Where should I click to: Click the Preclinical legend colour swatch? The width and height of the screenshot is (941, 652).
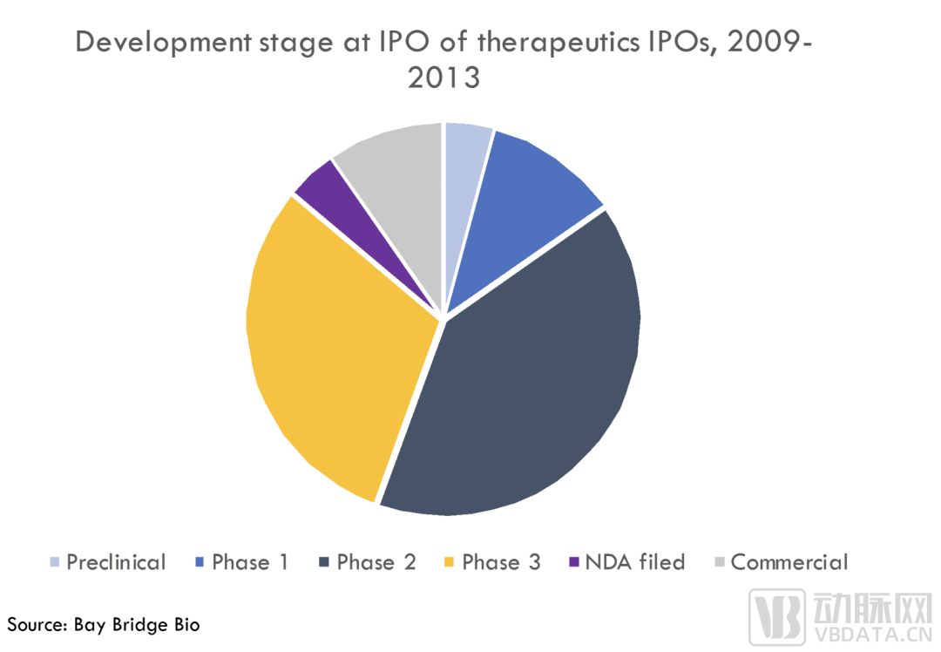click(55, 562)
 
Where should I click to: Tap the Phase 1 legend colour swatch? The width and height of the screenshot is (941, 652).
click(200, 562)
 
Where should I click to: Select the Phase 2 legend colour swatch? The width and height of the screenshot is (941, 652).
click(324, 562)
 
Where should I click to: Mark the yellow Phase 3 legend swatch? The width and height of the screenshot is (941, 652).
click(449, 562)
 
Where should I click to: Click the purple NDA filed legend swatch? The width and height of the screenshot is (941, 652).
click(573, 562)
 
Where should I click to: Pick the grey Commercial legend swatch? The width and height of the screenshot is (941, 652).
click(720, 562)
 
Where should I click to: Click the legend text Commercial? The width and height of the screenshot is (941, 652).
click(789, 562)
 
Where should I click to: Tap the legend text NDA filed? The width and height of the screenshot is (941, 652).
click(635, 562)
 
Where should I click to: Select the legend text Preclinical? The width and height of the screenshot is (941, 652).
click(116, 562)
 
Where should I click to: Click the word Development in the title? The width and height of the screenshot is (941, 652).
click(163, 44)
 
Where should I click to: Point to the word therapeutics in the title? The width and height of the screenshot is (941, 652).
click(559, 44)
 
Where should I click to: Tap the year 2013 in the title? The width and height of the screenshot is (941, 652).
click(444, 78)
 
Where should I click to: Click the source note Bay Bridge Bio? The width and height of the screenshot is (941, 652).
click(136, 625)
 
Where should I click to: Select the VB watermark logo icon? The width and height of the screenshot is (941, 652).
click(776, 617)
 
